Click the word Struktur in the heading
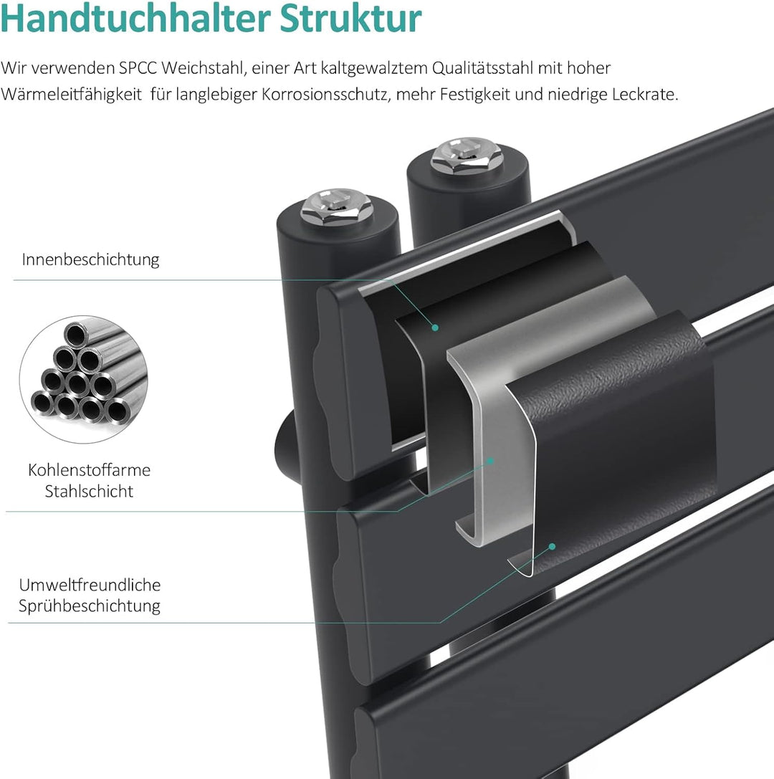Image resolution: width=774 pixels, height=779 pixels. pos(350,19)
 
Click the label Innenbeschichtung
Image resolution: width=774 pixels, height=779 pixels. pos(90,259)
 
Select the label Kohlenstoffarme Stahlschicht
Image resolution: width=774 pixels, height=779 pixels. pos(90,481)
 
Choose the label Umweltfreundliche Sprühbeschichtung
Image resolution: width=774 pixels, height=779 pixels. pos(90,596)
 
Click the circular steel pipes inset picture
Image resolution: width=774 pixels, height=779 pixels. pos(83,379)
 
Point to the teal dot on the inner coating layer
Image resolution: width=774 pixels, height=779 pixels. pos(435,328)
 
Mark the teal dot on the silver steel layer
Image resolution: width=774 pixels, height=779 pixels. pos(492,460)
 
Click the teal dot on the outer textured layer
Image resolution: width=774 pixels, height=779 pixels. pos(552,546)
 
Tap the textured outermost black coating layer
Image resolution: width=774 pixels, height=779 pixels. pos(616,430)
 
